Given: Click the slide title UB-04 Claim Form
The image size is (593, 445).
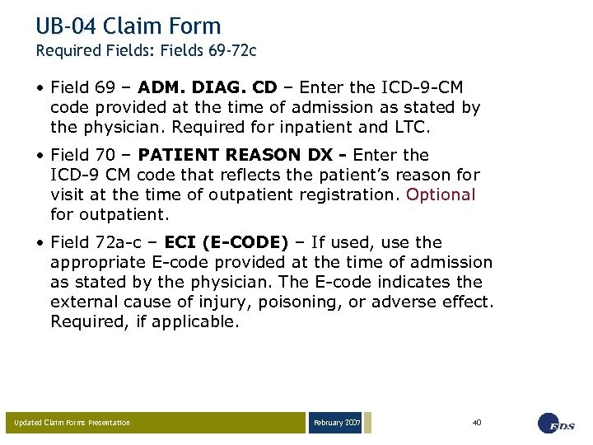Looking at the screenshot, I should pos(128,26).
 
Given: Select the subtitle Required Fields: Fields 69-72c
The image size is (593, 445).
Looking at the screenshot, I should pos(146,51).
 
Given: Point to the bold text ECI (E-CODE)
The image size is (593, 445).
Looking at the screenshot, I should pos(226,242).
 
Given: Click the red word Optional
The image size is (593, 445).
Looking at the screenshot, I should pos(441,194).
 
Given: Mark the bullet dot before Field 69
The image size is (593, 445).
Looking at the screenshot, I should pos(40,88).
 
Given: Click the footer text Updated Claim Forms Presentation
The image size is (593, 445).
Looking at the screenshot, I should pos(72,423).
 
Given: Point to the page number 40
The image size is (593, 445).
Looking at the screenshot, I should pos(477,422).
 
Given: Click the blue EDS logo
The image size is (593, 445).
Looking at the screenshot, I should pos(557,423).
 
